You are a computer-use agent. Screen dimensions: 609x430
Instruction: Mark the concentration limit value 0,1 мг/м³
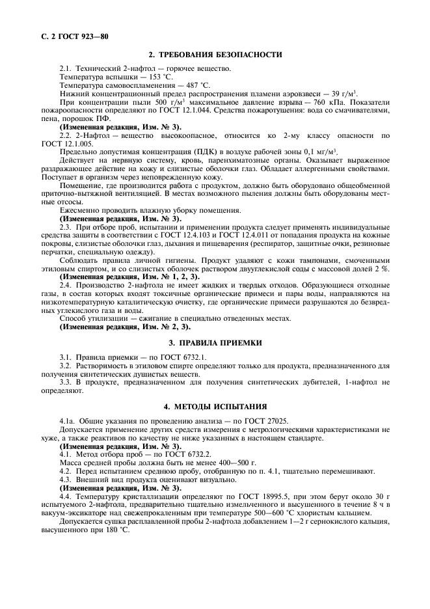click(x=338, y=153)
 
